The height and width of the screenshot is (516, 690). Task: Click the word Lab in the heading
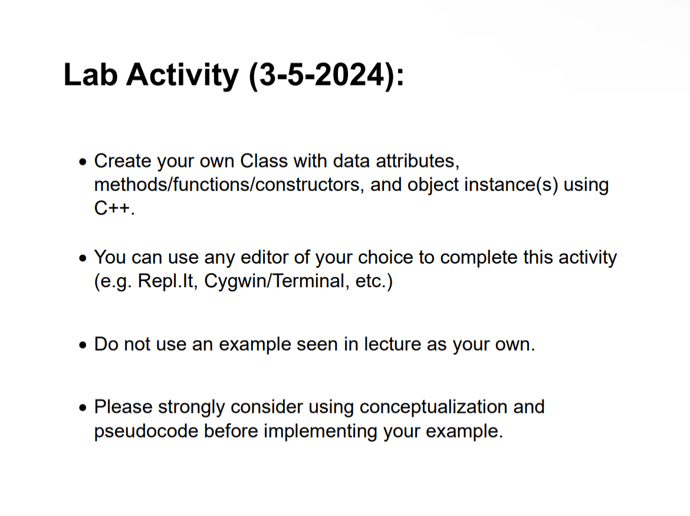tap(90, 75)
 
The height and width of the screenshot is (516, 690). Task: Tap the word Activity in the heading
tap(181, 75)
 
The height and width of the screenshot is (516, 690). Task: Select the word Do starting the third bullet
tap(107, 344)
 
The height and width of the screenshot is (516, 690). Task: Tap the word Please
tap(124, 407)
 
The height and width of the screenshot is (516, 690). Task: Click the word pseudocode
tap(146, 431)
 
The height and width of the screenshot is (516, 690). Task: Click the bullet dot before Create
tap(84, 162)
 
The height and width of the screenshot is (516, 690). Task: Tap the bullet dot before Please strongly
tap(84, 407)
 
